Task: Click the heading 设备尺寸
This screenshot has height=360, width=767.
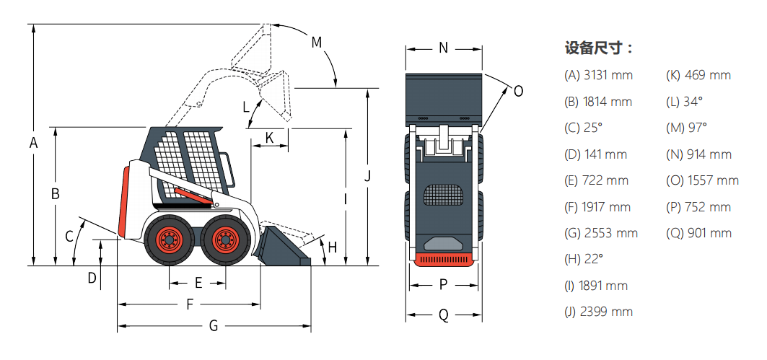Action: click(598, 49)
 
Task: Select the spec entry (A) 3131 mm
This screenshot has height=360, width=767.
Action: click(598, 75)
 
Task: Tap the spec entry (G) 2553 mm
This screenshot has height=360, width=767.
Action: click(601, 233)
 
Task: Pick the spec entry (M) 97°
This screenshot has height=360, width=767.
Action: click(686, 128)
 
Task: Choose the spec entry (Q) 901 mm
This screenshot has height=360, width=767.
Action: click(698, 233)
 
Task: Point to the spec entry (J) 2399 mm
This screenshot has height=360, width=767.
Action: click(598, 312)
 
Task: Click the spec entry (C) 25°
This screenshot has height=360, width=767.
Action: click(583, 128)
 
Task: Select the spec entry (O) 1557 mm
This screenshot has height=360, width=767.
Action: click(702, 180)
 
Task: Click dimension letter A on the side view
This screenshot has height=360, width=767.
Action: click(33, 144)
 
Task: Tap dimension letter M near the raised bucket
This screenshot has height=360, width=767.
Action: click(316, 42)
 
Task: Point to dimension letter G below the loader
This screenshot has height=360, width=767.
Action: click(214, 325)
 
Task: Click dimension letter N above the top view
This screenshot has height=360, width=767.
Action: click(444, 48)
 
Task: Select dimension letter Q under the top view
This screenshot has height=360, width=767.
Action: click(444, 315)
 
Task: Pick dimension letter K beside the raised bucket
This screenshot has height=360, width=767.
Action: click(269, 137)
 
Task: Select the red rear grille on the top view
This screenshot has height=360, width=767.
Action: click(444, 259)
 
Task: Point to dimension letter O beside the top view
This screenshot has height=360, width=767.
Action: click(517, 91)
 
